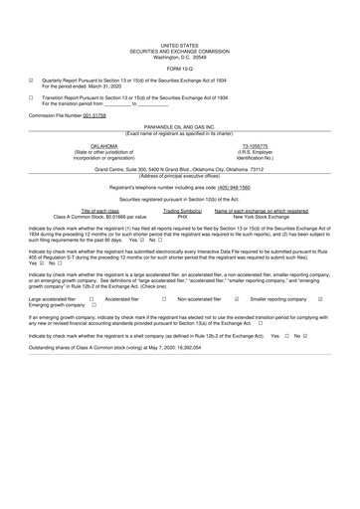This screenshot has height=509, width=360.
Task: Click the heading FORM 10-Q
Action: point(179,67)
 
